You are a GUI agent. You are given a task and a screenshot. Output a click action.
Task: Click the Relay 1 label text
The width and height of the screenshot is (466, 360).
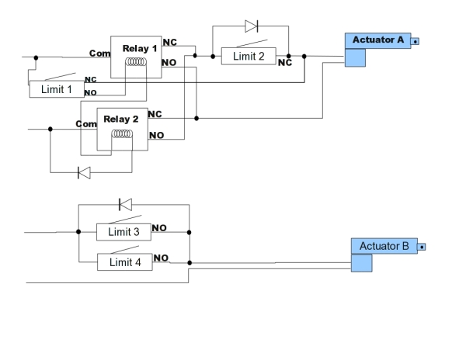pos(140,48)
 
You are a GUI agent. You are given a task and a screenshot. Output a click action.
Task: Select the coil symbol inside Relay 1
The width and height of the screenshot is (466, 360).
pos(136,62)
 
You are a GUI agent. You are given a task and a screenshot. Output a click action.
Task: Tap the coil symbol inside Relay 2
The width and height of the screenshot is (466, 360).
pos(122,134)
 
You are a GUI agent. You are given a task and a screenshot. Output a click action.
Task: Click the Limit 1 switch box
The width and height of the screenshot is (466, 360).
pos(57,89)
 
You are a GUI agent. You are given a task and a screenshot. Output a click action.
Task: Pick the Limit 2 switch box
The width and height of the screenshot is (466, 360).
pos(249,56)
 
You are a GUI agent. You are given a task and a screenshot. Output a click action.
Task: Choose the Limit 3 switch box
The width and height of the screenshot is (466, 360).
pos(123,232)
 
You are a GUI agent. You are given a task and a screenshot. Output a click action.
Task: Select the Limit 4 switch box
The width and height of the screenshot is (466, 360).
pos(125,262)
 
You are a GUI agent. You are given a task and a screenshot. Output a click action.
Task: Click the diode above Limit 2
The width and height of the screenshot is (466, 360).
pos(252,26)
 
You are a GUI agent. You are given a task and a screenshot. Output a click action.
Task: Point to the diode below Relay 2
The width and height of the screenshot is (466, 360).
pos(84,173)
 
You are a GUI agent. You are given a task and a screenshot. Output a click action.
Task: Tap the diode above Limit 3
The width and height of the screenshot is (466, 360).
pos(125,205)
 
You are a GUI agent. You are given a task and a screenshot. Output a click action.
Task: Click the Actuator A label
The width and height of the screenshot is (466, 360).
pos(378,40)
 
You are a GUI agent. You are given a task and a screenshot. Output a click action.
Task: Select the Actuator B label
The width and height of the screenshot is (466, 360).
pos(384,246)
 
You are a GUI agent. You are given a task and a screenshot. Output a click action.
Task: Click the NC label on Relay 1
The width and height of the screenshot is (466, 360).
pos(170,43)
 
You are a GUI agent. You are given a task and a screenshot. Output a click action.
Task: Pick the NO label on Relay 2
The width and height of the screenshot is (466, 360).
pos(157,135)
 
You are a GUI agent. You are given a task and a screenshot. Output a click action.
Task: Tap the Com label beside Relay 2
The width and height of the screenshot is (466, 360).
pos(86,124)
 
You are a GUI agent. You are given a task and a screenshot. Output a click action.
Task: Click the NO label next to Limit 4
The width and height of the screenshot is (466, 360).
pos(161,258)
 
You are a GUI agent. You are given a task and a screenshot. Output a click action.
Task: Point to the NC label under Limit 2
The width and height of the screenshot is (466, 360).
pos(285,63)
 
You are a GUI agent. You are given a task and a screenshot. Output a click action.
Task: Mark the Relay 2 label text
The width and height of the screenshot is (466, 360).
pos(121,119)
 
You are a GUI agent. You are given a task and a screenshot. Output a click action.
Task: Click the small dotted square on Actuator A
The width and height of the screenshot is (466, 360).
pos(416,41)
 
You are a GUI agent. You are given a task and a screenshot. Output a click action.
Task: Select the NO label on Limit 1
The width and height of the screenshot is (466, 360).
pos(90,92)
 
